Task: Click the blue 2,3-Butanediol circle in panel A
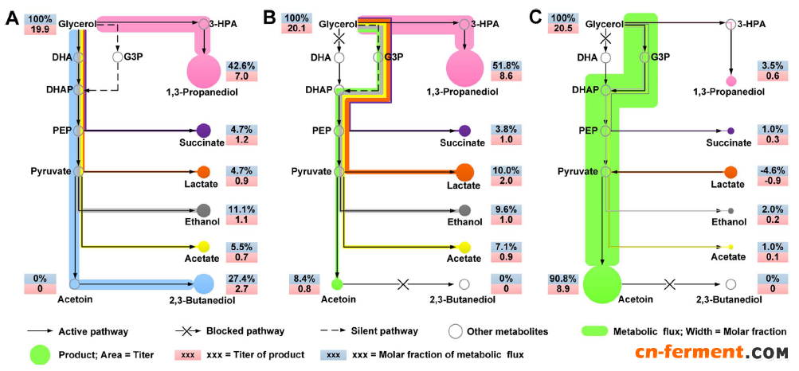204,283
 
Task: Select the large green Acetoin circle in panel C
602,284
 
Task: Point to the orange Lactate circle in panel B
465,171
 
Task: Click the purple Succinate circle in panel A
202,130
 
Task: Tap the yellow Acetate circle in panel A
203,247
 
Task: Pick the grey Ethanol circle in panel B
465,210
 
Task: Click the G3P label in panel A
132,57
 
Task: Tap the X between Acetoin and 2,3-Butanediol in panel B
402,284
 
